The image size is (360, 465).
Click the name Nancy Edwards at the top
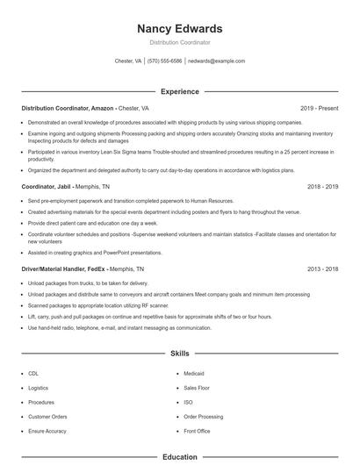(180, 28)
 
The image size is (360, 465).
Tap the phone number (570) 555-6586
(165, 61)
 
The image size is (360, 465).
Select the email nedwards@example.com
(217, 61)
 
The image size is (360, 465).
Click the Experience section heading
(180, 91)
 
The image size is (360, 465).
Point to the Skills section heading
(180, 354)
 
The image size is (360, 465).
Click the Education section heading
(180, 457)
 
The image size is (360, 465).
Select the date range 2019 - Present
(319, 108)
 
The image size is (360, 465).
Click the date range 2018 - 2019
(323, 187)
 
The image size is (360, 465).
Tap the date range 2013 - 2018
(323, 269)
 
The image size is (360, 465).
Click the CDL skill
(32, 373)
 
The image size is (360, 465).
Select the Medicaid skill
(194, 373)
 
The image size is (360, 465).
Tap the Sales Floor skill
(196, 387)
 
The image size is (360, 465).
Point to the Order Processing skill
(203, 417)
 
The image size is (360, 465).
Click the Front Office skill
(197, 431)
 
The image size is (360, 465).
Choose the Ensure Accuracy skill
(47, 431)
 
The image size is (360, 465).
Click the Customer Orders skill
(47, 417)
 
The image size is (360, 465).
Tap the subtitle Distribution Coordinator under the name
(180, 42)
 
